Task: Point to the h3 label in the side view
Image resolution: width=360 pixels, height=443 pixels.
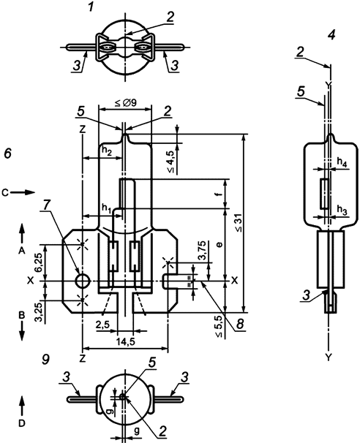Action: [341, 210]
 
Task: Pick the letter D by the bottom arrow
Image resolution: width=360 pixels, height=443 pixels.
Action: [22, 423]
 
